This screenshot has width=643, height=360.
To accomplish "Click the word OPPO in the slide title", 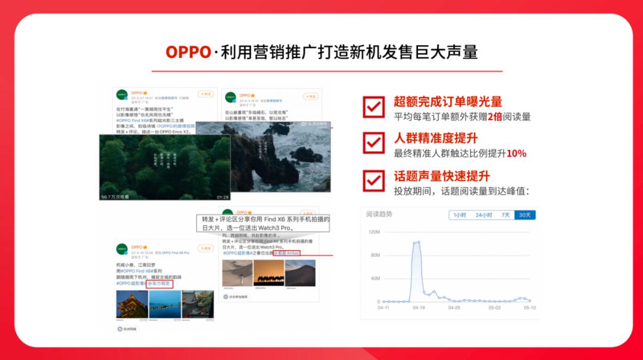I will click(188, 52).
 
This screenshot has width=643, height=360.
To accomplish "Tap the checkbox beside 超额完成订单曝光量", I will click(374, 108).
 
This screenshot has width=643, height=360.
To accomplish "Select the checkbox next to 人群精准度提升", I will click(374, 143).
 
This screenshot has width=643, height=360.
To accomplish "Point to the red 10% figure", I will click(516, 154).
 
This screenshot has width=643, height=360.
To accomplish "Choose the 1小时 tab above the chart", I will click(460, 215).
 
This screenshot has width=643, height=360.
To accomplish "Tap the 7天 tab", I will click(505, 215).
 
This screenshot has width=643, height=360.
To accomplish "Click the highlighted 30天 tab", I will click(525, 215).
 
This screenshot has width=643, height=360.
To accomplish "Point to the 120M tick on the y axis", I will click(374, 232).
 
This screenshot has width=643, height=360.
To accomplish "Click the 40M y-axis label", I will click(375, 278).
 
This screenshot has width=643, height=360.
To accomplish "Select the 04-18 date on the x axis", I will click(419, 308).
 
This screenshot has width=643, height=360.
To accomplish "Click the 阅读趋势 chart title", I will click(379, 214).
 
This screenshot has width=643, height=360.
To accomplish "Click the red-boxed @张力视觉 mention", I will click(160, 284).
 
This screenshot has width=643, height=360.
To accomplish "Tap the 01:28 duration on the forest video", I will click(222, 196).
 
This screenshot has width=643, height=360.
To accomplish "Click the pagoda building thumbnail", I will click(131, 305).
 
